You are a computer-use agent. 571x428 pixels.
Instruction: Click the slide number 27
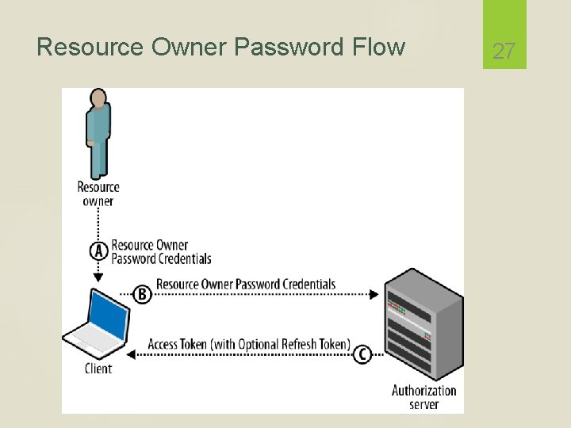coord(504,52)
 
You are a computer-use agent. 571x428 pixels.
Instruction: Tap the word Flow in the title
coord(375,48)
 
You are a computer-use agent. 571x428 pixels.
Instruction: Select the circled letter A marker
coord(98,251)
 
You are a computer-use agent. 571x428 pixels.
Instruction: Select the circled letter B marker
coord(141,294)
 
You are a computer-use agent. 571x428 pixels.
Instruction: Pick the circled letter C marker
coord(362,353)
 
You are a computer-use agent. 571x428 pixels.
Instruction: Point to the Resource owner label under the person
coord(98,194)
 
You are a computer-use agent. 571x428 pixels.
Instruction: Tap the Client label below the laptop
coord(98,369)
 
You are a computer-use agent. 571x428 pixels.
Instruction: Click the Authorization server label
coord(423,397)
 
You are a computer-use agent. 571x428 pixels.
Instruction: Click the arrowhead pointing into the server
coord(375,294)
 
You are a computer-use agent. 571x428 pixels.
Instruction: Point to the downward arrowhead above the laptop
coord(98,277)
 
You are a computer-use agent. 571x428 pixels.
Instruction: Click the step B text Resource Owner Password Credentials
coord(246,285)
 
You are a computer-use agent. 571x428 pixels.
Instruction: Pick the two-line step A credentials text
coord(161,252)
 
